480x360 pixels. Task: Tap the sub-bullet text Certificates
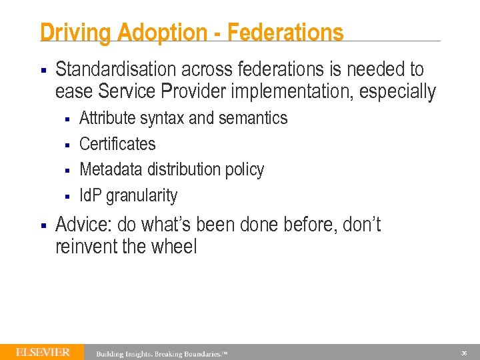pyautogui.click(x=117, y=144)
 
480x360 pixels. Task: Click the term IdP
pyautogui.click(x=91, y=195)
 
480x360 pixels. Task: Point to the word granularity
pyautogui.click(x=142, y=196)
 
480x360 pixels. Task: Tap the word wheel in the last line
pyautogui.click(x=175, y=247)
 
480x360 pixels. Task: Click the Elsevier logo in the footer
pyautogui.click(x=43, y=352)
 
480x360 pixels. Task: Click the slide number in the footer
pyautogui.click(x=463, y=353)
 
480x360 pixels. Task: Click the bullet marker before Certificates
pyautogui.click(x=67, y=145)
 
